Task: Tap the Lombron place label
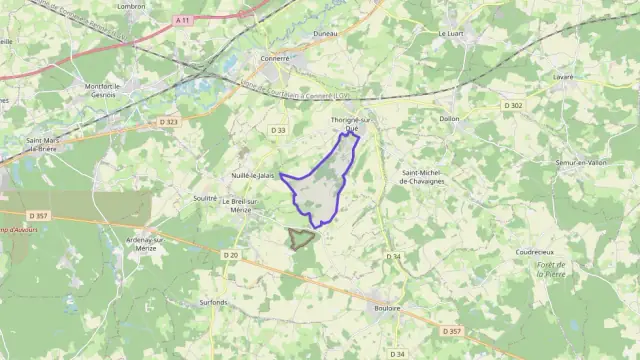[x=131, y=6]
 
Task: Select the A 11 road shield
[x=181, y=19]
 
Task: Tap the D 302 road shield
[x=514, y=105]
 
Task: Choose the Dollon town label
[x=449, y=118]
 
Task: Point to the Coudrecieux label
[x=536, y=252]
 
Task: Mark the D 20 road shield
[x=230, y=255]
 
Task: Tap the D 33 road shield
[x=278, y=129]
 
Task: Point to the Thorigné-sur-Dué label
[x=350, y=124]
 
